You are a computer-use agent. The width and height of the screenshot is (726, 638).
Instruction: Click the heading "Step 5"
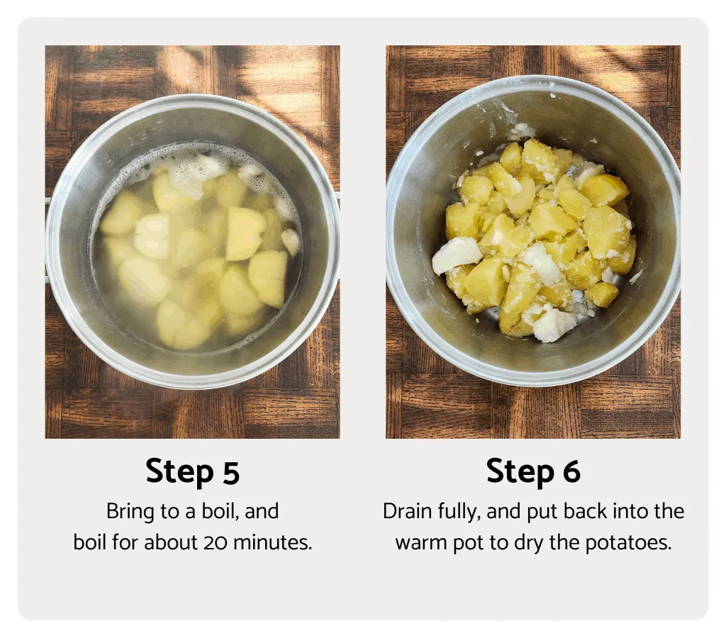point(192,472)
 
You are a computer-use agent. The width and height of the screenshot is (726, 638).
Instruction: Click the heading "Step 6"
point(533,472)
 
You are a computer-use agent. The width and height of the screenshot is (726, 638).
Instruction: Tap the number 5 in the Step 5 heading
point(230,473)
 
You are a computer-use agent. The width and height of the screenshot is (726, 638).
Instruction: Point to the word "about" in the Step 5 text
point(170,543)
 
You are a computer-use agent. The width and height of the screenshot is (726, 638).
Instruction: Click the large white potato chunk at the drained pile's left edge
point(456,254)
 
